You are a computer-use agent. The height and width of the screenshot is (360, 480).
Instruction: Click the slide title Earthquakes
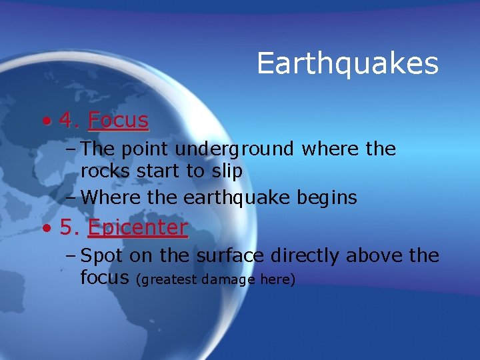point(347,64)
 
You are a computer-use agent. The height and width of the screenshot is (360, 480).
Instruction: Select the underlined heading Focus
point(118,120)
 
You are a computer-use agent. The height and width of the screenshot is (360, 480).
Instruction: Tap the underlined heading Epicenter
point(137,228)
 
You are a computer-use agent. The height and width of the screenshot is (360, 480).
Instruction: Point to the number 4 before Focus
point(66,120)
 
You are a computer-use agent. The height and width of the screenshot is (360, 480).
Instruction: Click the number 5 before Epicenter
point(66,227)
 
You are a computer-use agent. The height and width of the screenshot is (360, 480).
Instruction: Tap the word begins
point(325,198)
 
